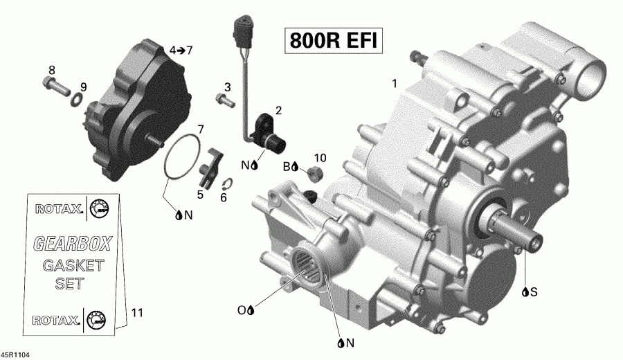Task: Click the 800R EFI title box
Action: (331, 41)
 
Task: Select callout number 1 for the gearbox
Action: (394, 84)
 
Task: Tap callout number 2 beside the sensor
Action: (278, 110)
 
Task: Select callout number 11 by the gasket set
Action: (137, 313)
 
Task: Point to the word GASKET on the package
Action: (73, 265)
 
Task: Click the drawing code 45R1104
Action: (16, 354)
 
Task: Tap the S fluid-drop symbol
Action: (530, 292)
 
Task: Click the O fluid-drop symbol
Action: (246, 310)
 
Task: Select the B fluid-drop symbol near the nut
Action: (291, 166)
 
